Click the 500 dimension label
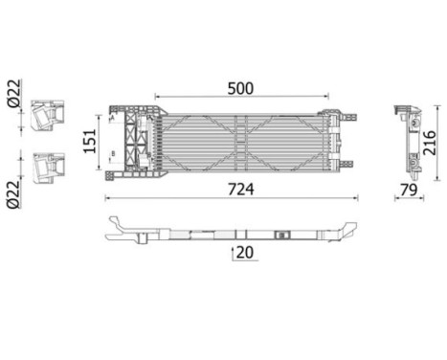tap(240, 88)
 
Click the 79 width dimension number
tap(407, 190)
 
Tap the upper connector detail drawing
tap(43, 115)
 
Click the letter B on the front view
tap(113, 152)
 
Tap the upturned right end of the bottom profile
tap(349, 231)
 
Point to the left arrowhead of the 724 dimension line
tap(106, 198)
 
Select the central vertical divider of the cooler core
tap(246, 141)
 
